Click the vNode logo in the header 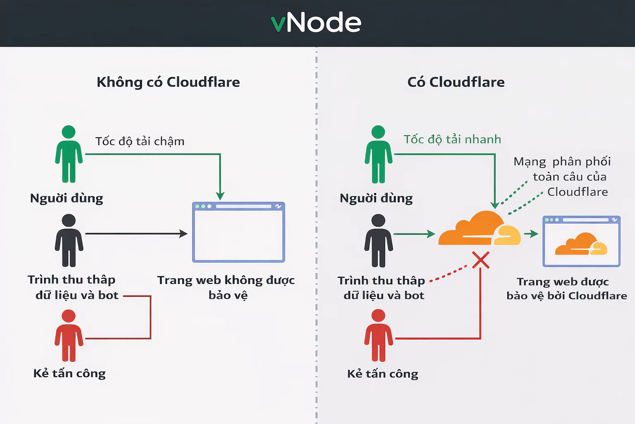(316, 22)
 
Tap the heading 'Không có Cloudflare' (168, 82)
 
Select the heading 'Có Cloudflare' (456, 82)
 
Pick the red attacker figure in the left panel (69, 335)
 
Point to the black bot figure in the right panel (378, 241)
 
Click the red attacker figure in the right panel (378, 335)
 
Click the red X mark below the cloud (480, 260)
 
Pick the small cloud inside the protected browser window (581, 244)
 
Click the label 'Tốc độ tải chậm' (140, 141)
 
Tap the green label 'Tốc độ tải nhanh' (452, 139)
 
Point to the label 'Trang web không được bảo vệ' (226, 287)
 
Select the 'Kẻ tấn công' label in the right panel (382, 373)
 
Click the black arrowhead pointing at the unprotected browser (183, 234)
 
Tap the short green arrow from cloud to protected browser (531, 234)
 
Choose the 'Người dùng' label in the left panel (67, 198)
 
